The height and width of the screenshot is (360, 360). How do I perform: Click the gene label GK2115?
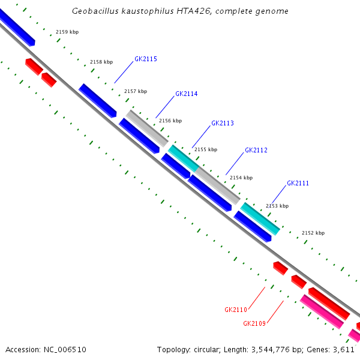[146, 59]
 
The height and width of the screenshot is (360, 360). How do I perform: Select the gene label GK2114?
[186, 94]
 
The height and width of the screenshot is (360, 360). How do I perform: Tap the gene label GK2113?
[222, 123]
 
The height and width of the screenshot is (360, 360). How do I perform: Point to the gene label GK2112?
[256, 150]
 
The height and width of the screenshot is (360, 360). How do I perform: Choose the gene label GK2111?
[298, 183]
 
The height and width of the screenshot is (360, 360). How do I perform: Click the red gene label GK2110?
[236, 310]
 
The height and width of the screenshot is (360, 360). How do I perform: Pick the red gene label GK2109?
[254, 323]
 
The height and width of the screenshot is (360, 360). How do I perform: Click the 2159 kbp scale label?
[67, 32]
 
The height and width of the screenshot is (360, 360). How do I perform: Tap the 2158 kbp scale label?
[101, 62]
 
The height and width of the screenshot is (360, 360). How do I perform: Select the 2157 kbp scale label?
[135, 92]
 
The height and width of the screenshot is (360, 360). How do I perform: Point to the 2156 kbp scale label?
[170, 121]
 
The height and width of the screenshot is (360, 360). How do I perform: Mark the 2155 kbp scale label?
[205, 149]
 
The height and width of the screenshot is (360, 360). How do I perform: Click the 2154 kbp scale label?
[241, 178]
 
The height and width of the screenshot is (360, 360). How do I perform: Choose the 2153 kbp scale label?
[277, 206]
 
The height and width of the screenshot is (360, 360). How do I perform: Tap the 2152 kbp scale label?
[313, 233]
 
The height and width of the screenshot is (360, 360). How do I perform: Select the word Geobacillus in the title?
[94, 11]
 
